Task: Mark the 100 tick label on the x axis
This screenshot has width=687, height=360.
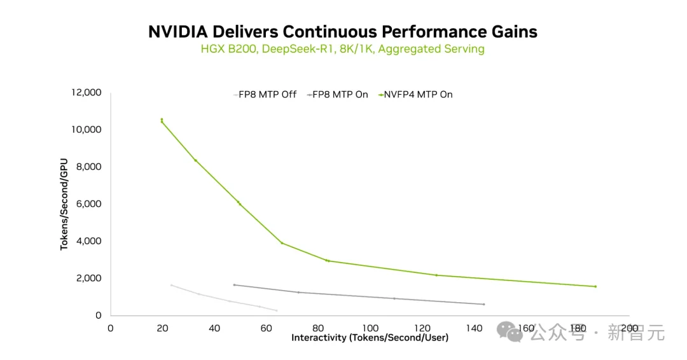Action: point(370,328)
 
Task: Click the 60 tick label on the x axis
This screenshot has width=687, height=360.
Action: point(266,328)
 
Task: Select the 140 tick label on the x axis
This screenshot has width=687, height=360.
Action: point(473,328)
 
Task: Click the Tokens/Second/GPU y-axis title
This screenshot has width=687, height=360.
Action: point(64,204)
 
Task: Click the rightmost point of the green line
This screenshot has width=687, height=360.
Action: point(595,286)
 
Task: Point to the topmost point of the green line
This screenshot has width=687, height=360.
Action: point(162,120)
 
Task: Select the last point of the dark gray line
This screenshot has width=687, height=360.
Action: point(484,304)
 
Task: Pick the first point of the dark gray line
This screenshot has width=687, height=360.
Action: point(234,285)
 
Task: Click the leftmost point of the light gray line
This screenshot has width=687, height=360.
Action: point(171,285)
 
